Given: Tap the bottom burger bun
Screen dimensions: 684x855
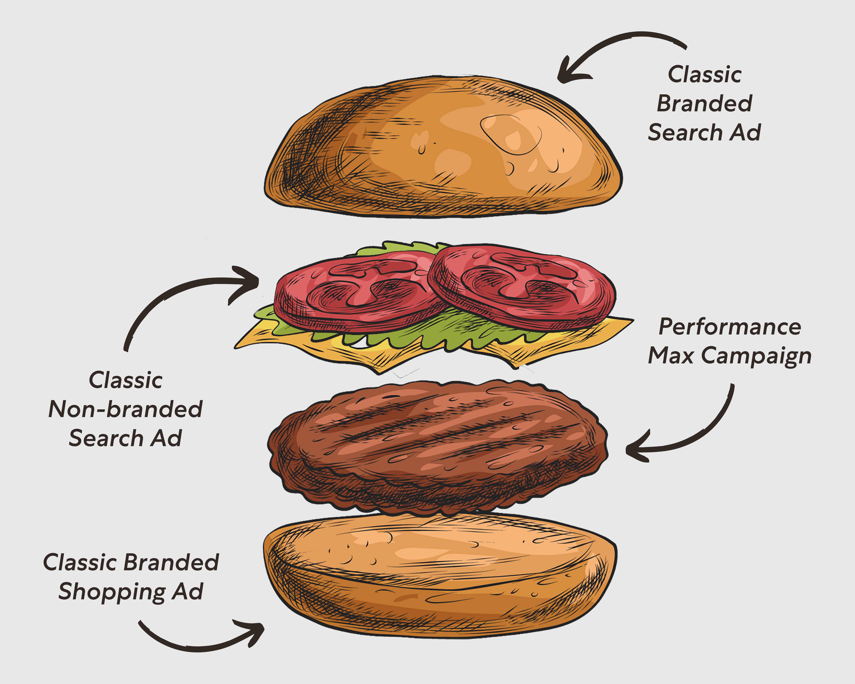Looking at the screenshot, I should tap(440, 579).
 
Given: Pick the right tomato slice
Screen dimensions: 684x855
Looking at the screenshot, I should tap(523, 286).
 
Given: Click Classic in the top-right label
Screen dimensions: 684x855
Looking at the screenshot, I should tap(705, 75).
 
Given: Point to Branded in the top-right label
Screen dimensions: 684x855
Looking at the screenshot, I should tap(705, 103).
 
